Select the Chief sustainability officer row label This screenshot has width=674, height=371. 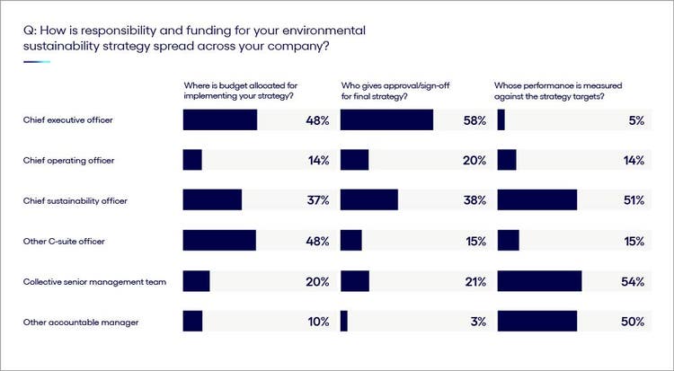click(75, 200)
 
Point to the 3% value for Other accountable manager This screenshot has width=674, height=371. click(479, 322)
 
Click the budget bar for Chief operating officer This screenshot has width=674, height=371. click(192, 160)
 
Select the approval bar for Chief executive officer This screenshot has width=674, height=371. click(386, 120)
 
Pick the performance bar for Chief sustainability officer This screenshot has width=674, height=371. click(537, 200)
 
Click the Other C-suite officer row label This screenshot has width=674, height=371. click(66, 241)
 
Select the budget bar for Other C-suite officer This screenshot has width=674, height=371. click(219, 241)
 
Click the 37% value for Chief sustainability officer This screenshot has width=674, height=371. click(318, 200)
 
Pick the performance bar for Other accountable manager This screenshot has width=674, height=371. click(537, 322)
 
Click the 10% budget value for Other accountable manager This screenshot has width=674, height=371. click(318, 322)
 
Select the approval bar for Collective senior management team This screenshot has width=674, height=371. click(355, 281)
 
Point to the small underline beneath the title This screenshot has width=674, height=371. click(37, 62)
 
